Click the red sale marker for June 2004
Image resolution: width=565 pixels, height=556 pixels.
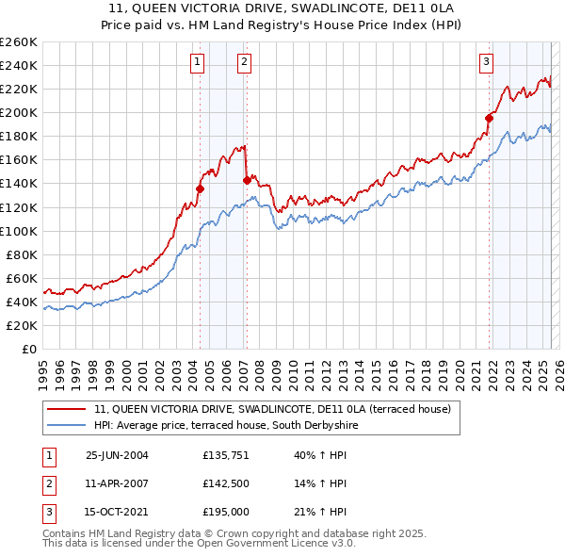coord(200,188)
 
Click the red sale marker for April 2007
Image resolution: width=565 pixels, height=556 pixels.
coord(247,180)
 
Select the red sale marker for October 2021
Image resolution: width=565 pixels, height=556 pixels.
coord(489,118)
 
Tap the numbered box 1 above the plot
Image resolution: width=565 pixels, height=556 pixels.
coord(198,63)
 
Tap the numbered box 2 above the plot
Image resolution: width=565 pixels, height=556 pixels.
coord(244,63)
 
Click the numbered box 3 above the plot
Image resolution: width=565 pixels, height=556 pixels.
coord(486,63)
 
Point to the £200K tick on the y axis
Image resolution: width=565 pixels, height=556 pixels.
coord(19,113)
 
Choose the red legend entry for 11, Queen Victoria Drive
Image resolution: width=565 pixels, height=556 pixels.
coord(273,410)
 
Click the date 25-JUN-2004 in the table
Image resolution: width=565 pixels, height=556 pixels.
coord(117,455)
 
